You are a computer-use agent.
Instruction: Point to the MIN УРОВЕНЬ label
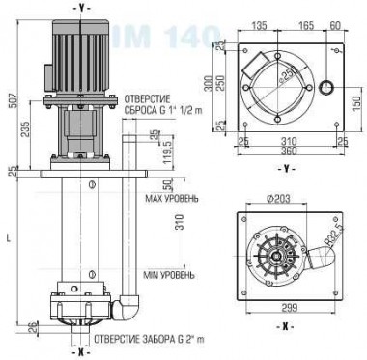[x=170, y=276]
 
